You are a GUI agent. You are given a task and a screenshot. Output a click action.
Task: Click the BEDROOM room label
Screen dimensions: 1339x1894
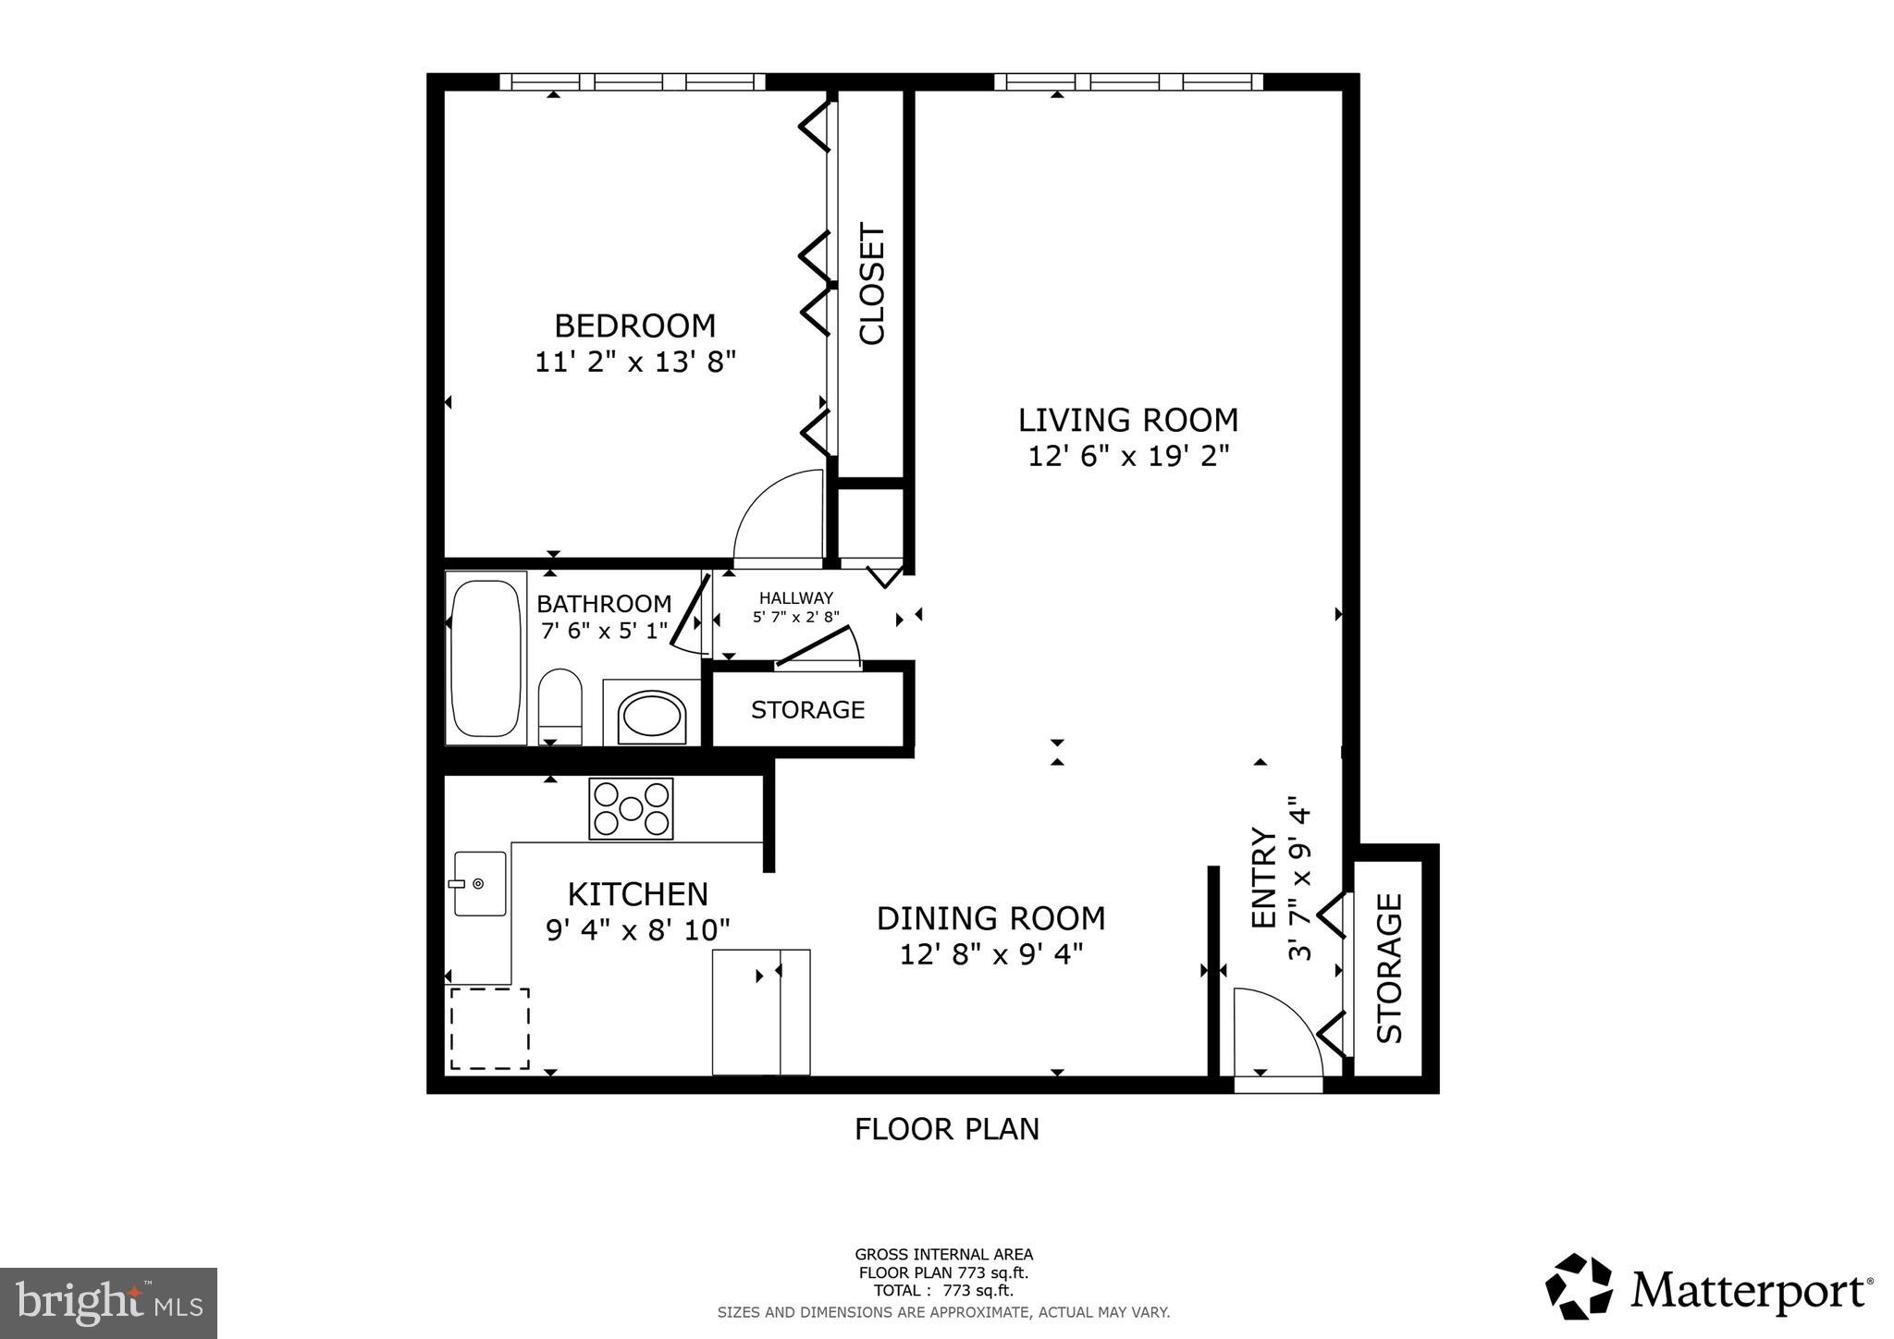pos(634,326)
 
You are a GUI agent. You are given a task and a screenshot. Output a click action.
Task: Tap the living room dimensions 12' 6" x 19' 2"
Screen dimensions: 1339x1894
pos(1128,456)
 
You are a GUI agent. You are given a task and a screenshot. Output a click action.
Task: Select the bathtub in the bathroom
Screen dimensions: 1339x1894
pos(486,657)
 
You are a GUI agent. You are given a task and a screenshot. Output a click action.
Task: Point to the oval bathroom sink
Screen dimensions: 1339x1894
pos(652,716)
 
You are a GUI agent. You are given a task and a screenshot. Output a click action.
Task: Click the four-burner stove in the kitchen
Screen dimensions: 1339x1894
pos(631,808)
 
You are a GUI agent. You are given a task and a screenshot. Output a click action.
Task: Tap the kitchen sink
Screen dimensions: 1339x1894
pos(480,884)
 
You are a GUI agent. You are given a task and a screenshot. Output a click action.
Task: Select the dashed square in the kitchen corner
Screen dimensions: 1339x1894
pos(489,1028)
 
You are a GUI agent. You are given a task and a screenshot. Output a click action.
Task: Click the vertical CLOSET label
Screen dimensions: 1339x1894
pos(872,283)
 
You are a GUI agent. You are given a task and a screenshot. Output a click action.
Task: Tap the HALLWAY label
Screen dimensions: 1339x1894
pos(795,598)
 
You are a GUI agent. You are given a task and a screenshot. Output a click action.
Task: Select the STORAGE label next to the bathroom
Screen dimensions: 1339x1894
pos(807,709)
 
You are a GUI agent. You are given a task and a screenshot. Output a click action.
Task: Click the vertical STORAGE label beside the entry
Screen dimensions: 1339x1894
pos(1389,967)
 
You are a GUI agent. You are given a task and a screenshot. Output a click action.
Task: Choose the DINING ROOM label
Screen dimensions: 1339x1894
pos(990,918)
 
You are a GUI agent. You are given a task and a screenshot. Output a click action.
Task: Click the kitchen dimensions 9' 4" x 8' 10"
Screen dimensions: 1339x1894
pos(638,929)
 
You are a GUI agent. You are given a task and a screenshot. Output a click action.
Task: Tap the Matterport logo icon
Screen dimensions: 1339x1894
pos(1579,1286)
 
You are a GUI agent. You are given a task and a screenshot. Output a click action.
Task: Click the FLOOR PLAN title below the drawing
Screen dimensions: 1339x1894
pos(946,1129)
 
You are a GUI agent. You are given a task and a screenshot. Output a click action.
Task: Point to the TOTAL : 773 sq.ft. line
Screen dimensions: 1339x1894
pos(943,1290)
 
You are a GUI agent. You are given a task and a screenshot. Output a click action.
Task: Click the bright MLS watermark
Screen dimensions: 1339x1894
pos(109,1304)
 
